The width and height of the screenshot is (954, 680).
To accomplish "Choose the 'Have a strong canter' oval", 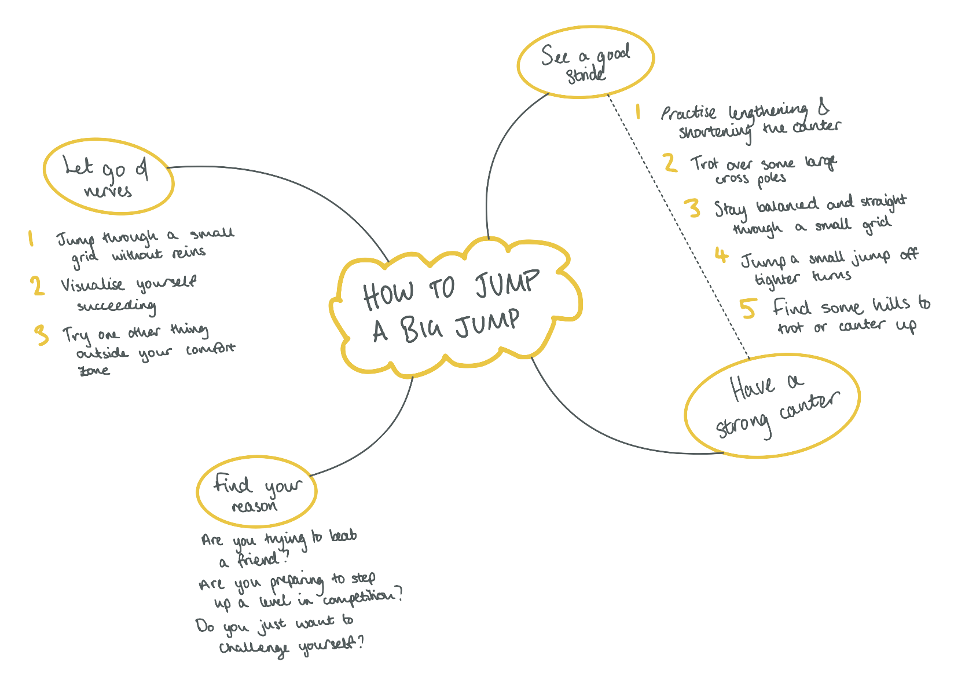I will coord(772,405).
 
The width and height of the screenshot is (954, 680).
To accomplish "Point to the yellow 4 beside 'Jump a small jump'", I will coord(721,255).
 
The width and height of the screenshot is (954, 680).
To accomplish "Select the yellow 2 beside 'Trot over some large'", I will coord(670,163).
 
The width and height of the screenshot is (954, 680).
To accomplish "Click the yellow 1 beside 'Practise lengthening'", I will coord(639,111).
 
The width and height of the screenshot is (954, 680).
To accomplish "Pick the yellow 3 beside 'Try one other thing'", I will coord(42,335).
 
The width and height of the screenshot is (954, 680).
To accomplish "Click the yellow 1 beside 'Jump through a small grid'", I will coord(31,239).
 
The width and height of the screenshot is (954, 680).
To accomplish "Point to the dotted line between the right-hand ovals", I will coord(677,226).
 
